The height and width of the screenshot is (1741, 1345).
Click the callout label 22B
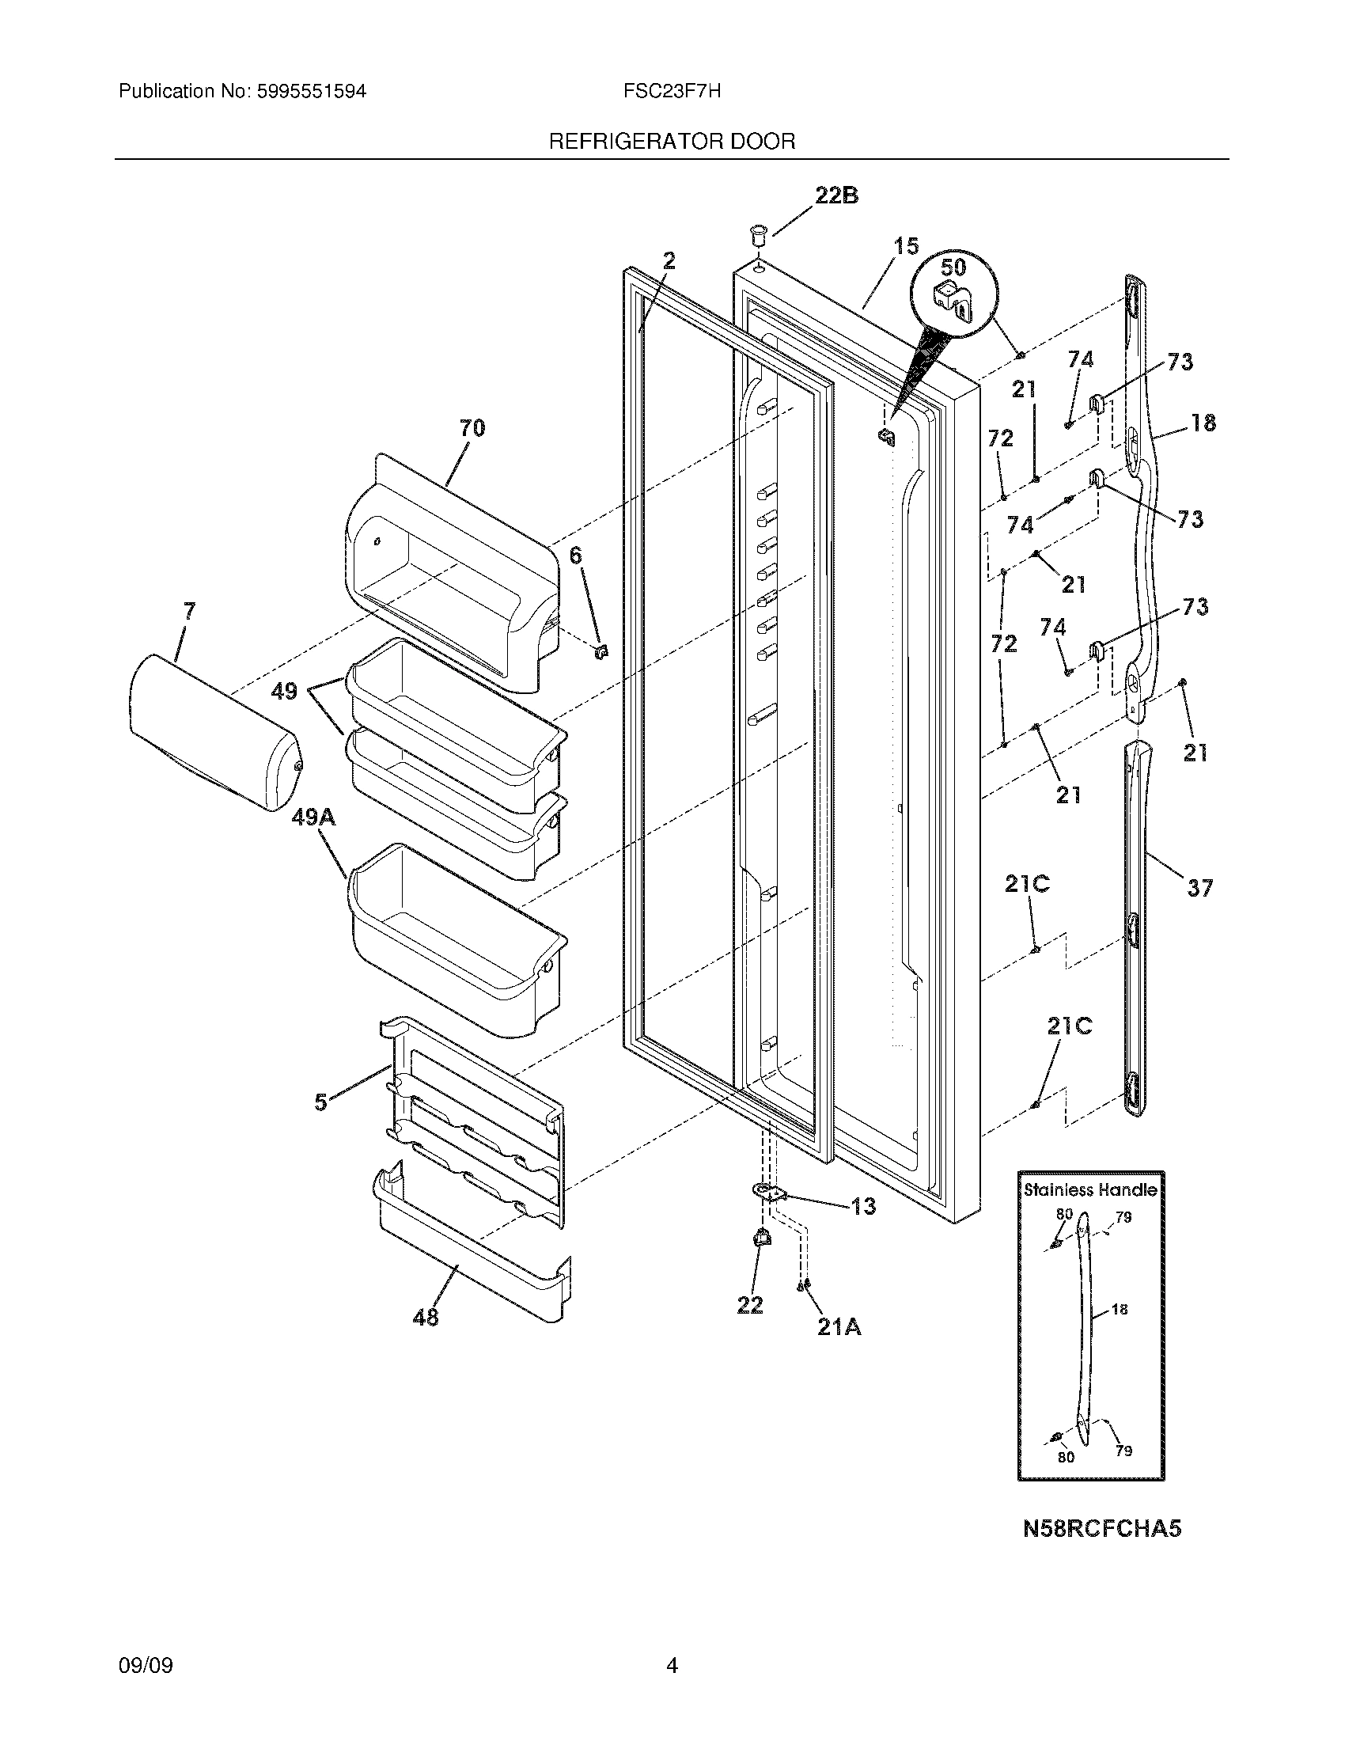835,195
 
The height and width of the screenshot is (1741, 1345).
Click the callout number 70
472,428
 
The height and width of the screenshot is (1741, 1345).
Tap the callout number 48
426,1318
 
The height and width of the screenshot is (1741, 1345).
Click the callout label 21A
838,1326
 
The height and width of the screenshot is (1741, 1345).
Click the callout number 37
1199,888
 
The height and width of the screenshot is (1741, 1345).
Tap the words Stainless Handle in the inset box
1090,1190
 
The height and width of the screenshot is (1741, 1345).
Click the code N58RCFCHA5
1102,1528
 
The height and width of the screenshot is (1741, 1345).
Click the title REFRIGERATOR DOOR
672,142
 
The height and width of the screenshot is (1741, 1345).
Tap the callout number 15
905,246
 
